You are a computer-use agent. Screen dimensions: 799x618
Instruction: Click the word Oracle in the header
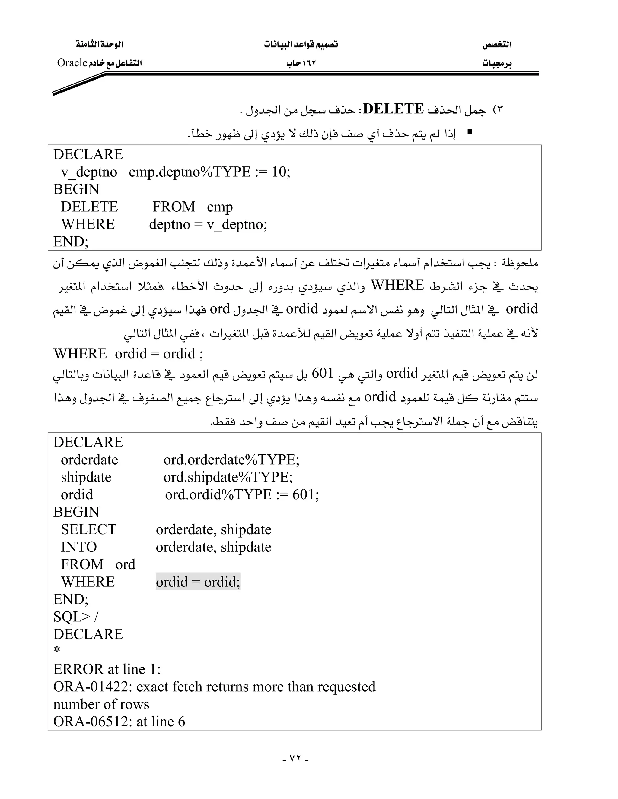coord(72,63)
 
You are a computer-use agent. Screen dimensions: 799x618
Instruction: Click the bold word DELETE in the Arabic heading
coord(393,109)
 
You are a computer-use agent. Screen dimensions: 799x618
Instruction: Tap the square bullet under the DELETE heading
coord(470,132)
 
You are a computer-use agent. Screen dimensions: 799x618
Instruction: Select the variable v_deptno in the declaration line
coord(89,172)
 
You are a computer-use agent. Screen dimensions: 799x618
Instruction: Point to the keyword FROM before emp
coord(174,207)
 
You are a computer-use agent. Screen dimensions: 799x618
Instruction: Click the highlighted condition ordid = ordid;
coord(198,582)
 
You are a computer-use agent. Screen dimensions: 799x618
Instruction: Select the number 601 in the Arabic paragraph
coord(322,374)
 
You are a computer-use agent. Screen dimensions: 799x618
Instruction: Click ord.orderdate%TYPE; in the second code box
coord(231,460)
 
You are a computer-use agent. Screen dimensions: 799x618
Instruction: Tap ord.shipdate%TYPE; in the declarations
coord(228,477)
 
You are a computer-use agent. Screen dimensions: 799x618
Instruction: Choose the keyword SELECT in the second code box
coord(88,529)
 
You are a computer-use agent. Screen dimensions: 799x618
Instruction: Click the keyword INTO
coord(79,547)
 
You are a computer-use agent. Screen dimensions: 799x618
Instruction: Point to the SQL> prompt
coord(72,617)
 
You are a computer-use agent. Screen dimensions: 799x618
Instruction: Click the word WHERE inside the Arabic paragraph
coord(397,285)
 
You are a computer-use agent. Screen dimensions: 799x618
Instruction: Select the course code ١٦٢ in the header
coord(309,64)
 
